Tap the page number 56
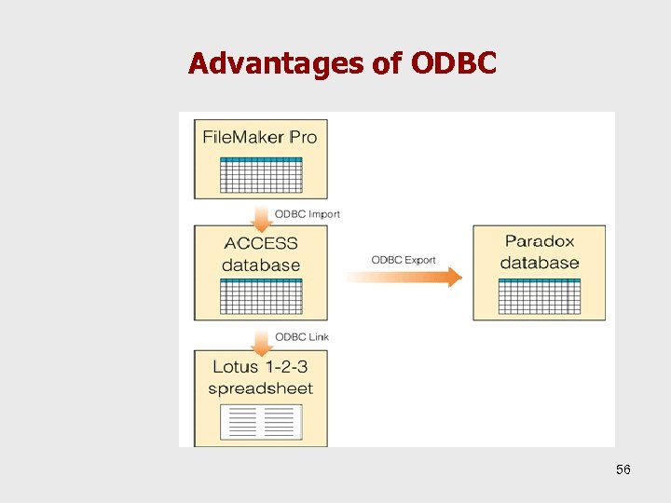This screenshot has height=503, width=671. tap(623, 469)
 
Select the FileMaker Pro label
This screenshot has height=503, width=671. tap(260, 137)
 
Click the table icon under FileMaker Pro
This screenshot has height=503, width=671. tap(260, 174)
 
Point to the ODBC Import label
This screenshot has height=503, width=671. tap(308, 213)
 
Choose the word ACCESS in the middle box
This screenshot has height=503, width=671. tap(261, 243)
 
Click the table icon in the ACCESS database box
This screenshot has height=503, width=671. tap(261, 295)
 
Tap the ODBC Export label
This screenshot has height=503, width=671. tap(404, 260)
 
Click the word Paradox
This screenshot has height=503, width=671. tap(540, 241)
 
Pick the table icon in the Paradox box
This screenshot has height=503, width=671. tap(540, 295)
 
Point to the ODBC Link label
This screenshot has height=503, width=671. tap(302, 336)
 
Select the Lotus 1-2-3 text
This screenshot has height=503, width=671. tap(260, 366)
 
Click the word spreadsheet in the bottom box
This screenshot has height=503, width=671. tap(260, 388)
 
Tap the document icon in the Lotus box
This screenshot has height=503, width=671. tap(261, 421)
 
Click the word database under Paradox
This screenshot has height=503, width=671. tap(540, 263)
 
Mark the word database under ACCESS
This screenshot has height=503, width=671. tap(261, 265)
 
